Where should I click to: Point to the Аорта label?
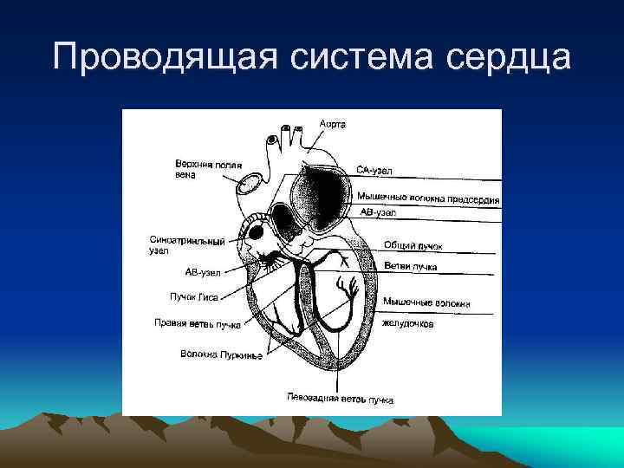pyautogui.click(x=332, y=124)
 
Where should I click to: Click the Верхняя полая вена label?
pyautogui.click(x=208, y=168)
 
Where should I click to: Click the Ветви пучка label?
pyautogui.click(x=411, y=266)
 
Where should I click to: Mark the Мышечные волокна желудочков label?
pyautogui.click(x=426, y=313)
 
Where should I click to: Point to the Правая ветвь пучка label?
pyautogui.click(x=197, y=325)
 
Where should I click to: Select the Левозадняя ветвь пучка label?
pyautogui.click(x=340, y=400)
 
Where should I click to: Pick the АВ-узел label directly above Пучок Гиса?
pyautogui.click(x=202, y=272)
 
